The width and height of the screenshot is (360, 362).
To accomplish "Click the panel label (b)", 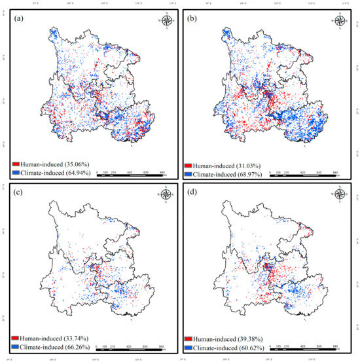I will point(194,18).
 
